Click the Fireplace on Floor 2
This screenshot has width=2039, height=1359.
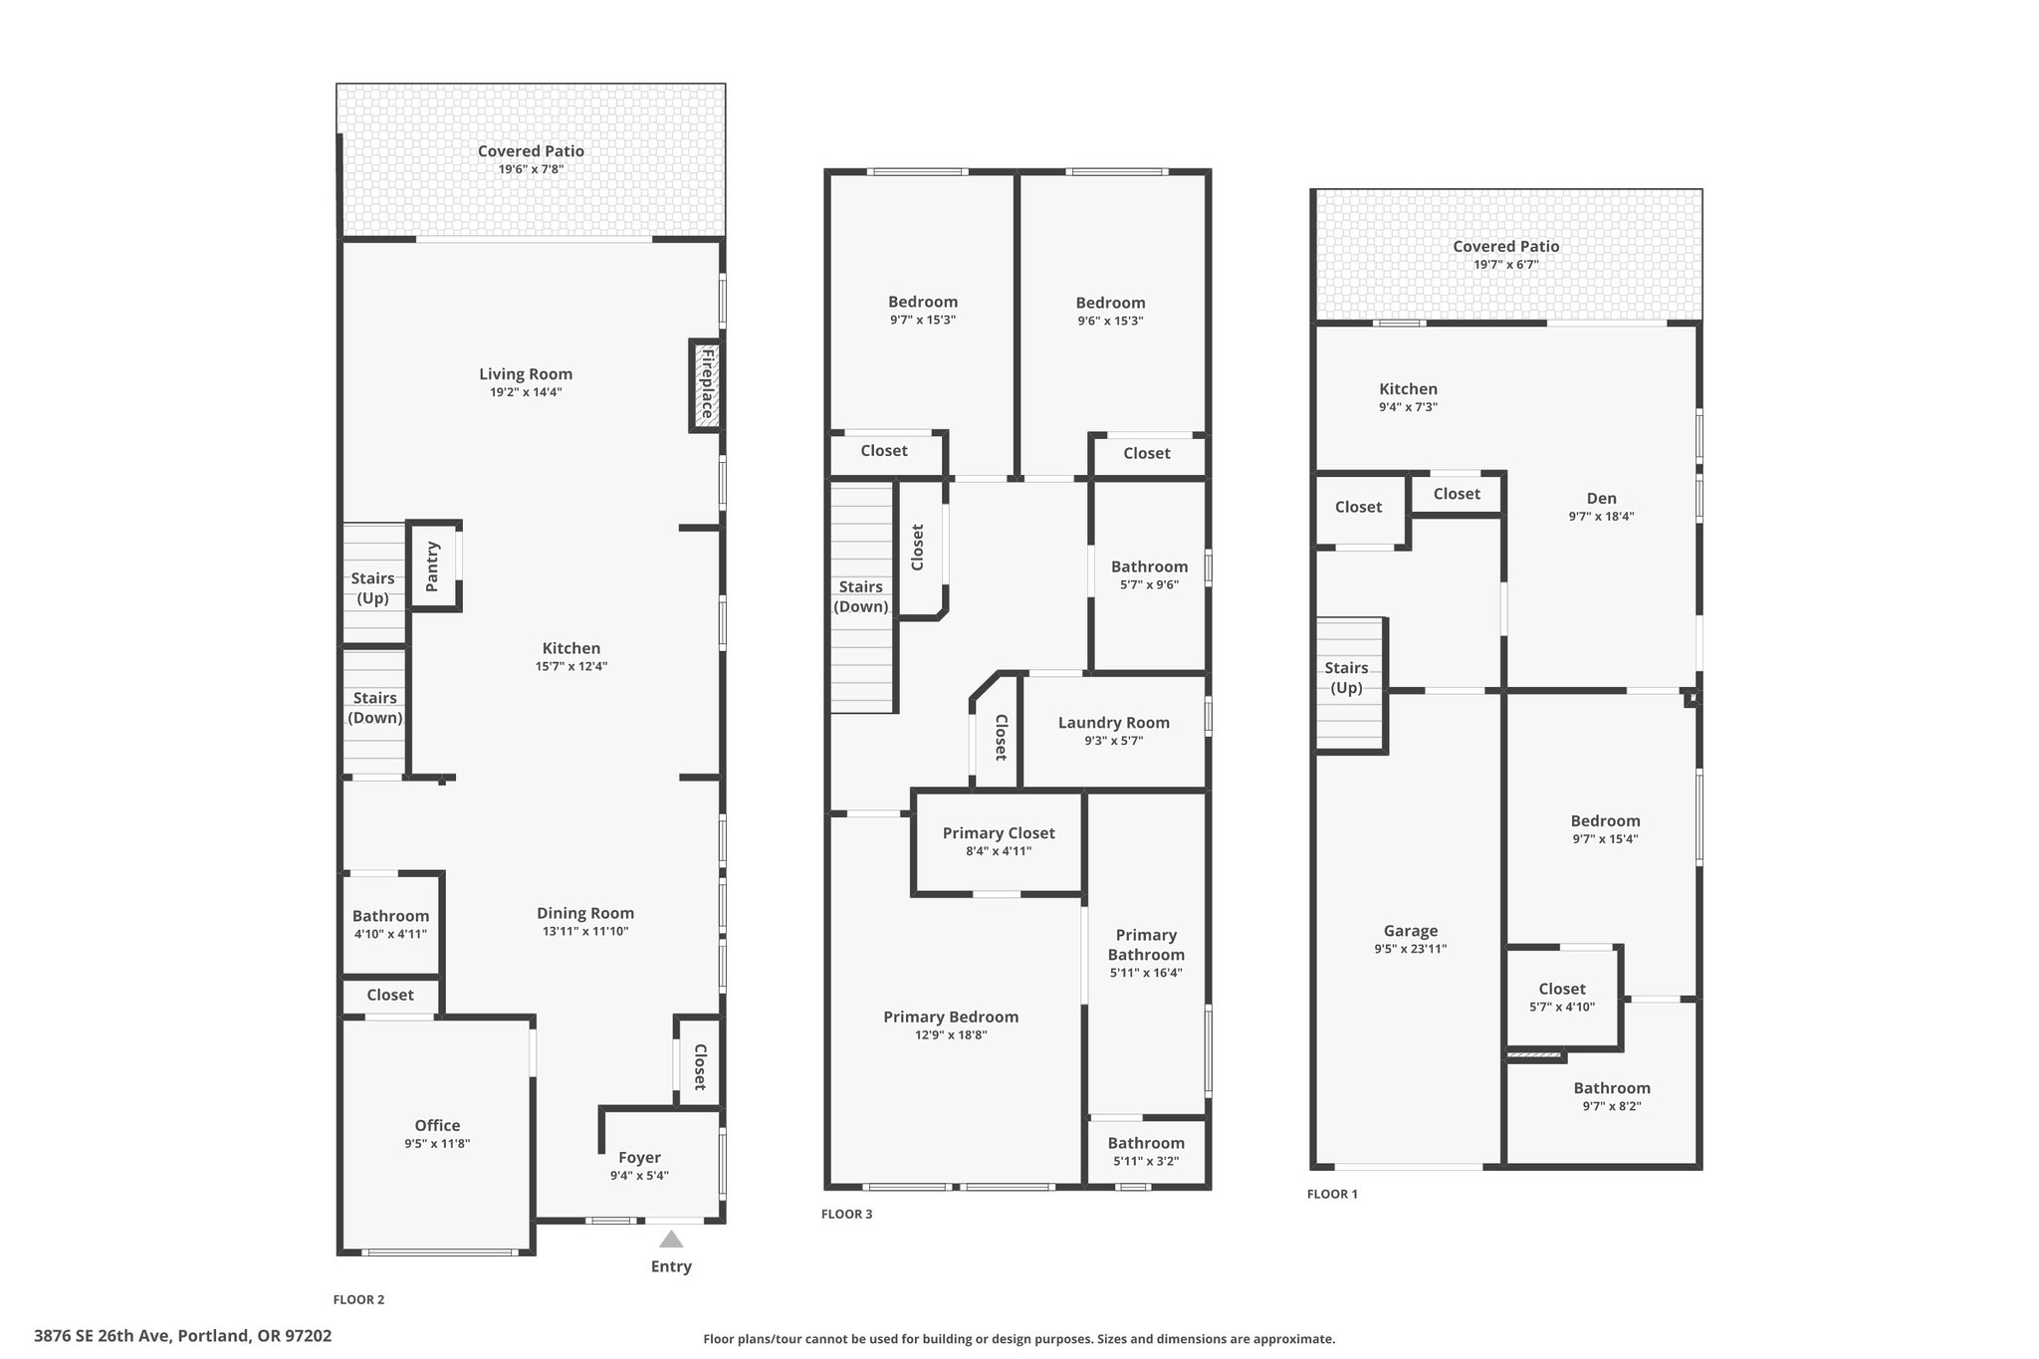click(706, 386)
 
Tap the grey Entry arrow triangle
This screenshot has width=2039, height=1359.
click(671, 1239)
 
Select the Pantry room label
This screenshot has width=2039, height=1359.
click(432, 566)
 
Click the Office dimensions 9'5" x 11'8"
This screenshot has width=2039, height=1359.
click(437, 1144)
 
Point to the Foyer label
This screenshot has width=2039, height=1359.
click(639, 1158)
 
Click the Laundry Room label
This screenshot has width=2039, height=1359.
click(1114, 723)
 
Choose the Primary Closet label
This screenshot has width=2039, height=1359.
click(999, 833)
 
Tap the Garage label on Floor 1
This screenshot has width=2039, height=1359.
click(1411, 931)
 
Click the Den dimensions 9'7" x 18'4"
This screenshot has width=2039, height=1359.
click(1601, 517)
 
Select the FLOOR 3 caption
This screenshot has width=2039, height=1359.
click(846, 1214)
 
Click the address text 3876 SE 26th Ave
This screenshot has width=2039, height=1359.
click(105, 1336)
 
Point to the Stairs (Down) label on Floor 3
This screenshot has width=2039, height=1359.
click(860, 596)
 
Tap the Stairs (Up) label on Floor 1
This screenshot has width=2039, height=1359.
click(1346, 678)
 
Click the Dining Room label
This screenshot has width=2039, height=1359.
click(585, 913)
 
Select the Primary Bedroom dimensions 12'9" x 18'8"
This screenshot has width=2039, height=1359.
click(951, 1035)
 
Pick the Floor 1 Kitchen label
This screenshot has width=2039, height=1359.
click(1408, 389)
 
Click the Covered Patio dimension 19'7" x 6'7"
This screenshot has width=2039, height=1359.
click(1506, 265)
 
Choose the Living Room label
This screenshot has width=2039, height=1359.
click(526, 374)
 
